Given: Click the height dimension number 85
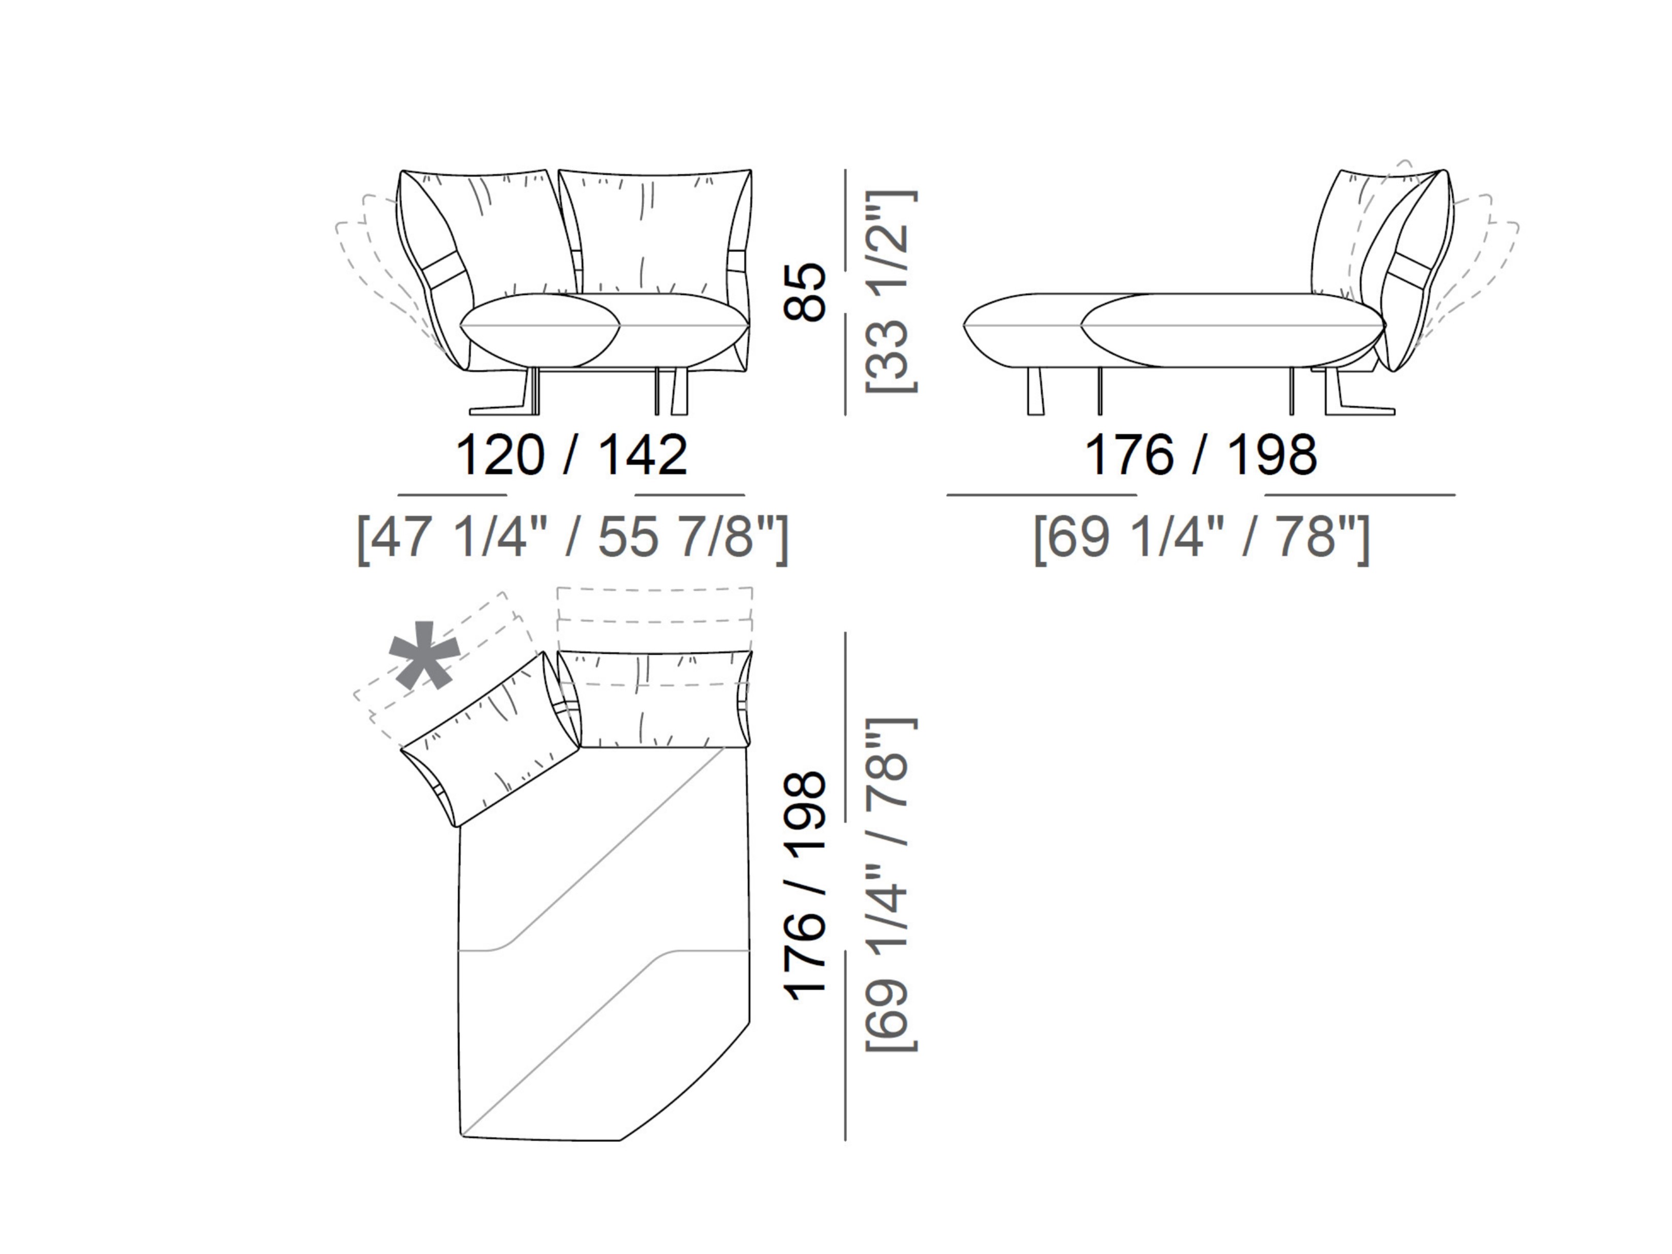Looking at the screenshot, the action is (x=805, y=292).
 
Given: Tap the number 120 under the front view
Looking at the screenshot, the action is (x=500, y=455).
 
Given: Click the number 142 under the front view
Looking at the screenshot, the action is (x=642, y=455).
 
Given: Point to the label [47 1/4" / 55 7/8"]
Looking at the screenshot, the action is (x=572, y=537).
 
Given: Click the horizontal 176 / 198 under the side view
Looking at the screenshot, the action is (x=1201, y=455).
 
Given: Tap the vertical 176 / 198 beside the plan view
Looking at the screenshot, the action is (x=805, y=885).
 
